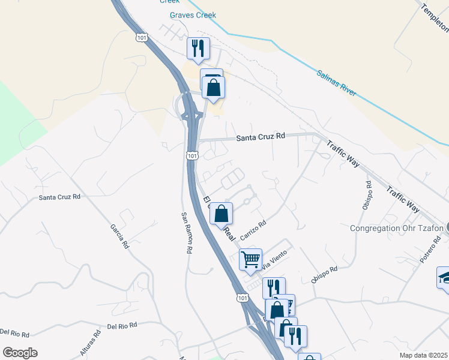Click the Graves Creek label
point(193,15)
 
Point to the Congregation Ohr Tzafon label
point(396,228)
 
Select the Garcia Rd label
point(117,236)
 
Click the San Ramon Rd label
point(188,232)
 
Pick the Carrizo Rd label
point(253,230)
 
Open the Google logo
point(20,353)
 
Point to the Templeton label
point(434,18)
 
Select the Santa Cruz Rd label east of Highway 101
point(260,137)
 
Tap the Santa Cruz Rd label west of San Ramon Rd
point(59,197)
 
